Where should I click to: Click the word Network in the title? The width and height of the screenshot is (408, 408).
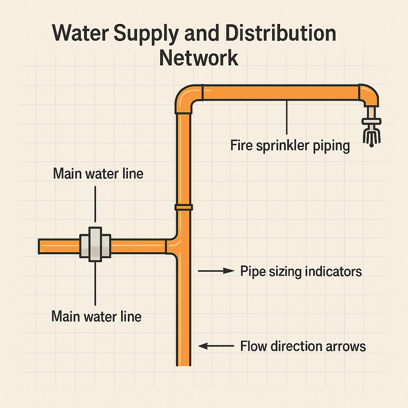pos(198,57)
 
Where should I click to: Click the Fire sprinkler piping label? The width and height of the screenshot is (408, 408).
pos(290,145)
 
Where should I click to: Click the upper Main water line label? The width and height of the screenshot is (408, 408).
pos(98,174)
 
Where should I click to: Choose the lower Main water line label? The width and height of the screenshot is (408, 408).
pos(96,317)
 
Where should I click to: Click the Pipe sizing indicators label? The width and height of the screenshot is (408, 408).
pos(301,271)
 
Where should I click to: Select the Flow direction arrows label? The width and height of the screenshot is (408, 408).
pos(303,346)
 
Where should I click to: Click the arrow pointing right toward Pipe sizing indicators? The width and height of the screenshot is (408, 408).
pos(216,271)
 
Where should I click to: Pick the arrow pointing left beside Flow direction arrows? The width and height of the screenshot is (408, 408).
pos(216,346)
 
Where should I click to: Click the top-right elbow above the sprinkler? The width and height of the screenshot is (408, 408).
pos(369,94)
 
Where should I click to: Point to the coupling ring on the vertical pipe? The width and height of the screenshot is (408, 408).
pos(183,207)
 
